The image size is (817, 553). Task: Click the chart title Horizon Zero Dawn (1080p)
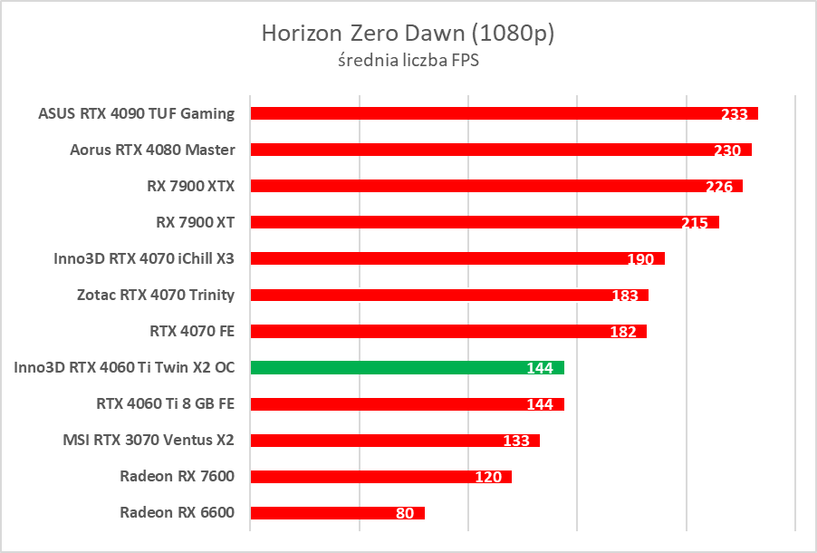408,34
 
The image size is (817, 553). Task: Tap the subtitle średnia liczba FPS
408,61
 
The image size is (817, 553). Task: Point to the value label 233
735,114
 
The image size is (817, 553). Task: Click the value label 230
728,150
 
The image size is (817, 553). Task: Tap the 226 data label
719,187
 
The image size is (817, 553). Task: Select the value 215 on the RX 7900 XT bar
695,223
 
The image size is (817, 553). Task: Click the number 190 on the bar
640,259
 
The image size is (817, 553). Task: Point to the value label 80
405,513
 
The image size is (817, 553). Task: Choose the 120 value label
488,477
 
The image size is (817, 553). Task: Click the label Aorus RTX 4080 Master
152,150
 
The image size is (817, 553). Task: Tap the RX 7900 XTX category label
190,186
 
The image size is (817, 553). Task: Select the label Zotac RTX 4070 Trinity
156,295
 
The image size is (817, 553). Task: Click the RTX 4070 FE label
192,331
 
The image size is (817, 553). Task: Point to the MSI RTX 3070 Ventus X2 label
149,440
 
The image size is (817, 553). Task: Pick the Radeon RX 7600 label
177,476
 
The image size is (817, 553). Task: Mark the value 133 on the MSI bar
516,441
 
